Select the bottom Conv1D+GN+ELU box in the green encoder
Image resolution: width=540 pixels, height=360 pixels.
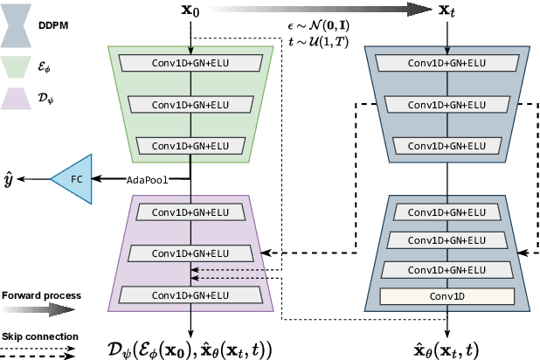(190, 144)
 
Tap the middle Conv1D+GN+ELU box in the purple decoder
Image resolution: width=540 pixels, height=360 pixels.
(190, 253)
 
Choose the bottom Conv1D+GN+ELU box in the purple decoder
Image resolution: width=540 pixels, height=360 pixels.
(190, 294)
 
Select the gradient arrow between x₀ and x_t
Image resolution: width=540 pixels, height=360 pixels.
(319, 10)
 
